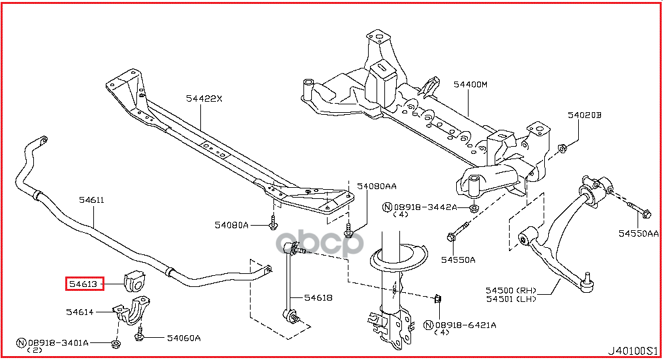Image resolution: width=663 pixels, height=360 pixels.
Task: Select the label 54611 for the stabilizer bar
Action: point(91,200)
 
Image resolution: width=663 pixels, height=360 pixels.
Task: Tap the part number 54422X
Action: point(204,98)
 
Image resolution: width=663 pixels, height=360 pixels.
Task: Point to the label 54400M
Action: point(470,85)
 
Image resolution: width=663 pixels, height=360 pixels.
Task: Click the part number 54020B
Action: point(584,115)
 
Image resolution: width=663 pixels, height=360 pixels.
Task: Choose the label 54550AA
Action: point(638,233)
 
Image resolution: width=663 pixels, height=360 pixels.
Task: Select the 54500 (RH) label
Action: point(511,290)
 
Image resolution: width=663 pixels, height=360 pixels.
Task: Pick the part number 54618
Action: point(318,297)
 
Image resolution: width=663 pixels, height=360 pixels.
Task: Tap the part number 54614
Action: point(80,312)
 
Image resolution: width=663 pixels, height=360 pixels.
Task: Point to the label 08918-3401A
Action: point(58,342)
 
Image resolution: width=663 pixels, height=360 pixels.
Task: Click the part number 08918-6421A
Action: point(465,325)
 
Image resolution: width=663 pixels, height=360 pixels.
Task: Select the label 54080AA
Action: point(377,187)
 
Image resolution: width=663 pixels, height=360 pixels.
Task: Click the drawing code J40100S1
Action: point(633,351)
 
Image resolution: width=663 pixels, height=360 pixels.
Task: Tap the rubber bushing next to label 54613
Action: point(136,281)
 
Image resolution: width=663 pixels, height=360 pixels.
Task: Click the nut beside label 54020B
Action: point(563,148)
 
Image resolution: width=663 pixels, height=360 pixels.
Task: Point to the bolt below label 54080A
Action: point(273,222)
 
